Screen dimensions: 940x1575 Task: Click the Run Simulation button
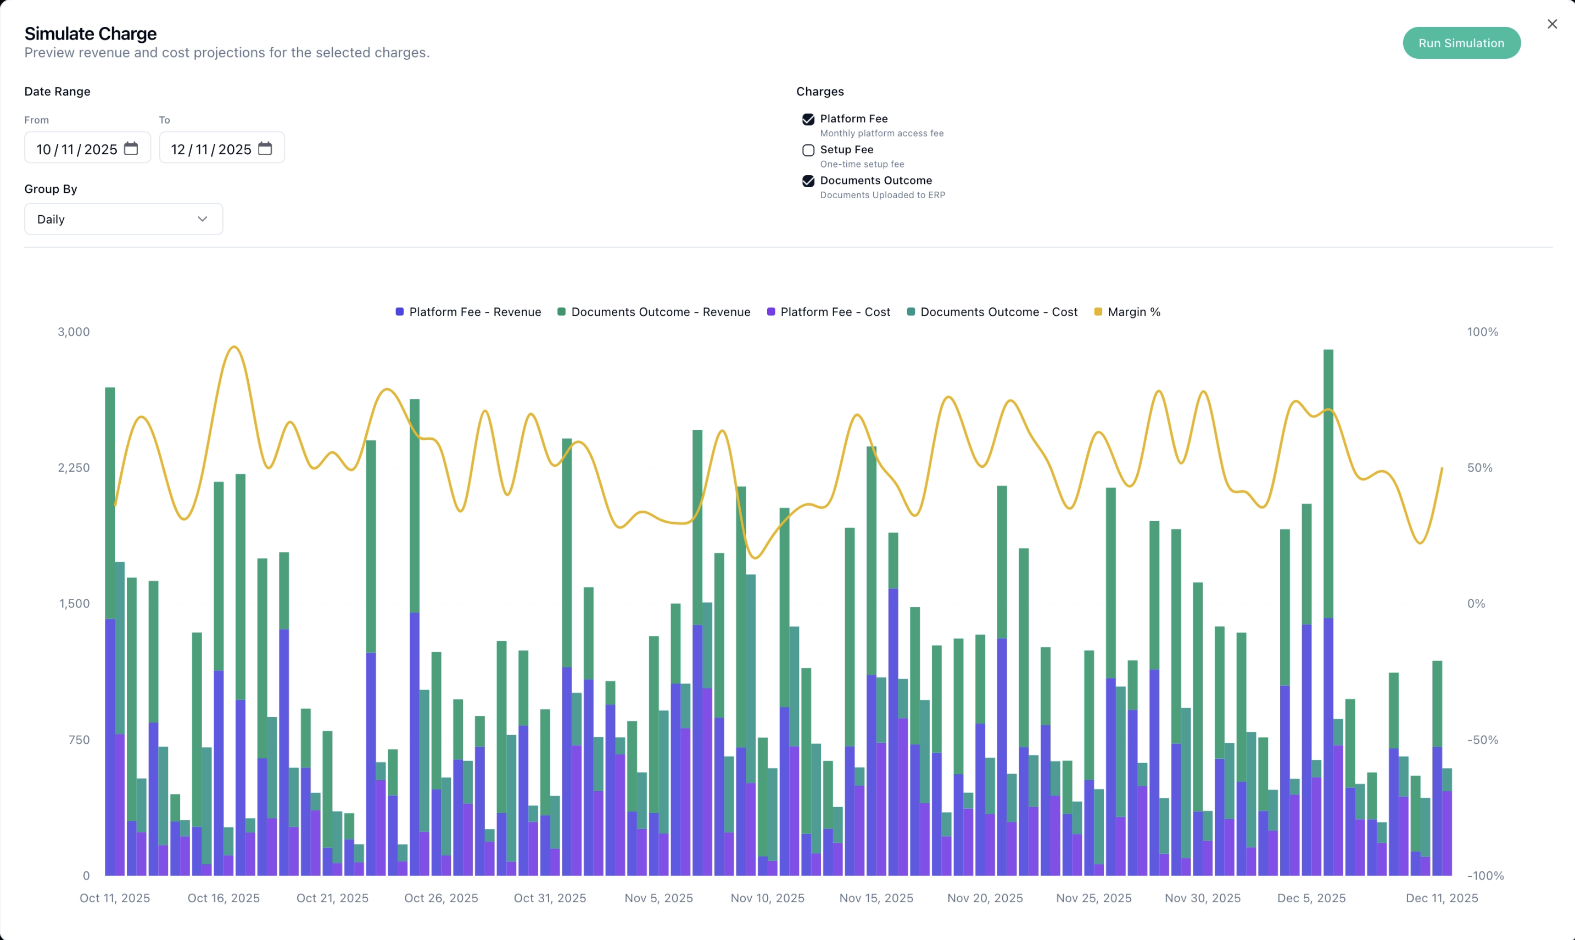[x=1461, y=43]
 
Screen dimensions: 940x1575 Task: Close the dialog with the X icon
[x=1551, y=24]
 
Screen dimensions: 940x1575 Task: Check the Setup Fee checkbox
[x=808, y=150]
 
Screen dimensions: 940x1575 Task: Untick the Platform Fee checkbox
[x=808, y=119]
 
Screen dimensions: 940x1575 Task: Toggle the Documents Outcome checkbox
[x=808, y=181]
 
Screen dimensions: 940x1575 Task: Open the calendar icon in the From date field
[x=131, y=148]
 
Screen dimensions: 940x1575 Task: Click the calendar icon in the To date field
[x=265, y=148]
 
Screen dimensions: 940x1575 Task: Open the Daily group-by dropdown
[x=124, y=219]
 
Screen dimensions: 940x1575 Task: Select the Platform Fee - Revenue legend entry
[x=469, y=312]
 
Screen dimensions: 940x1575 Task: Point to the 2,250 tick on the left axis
[x=74, y=467]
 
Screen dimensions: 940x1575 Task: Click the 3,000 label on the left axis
[x=74, y=332]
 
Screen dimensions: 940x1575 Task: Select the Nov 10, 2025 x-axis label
[x=767, y=898]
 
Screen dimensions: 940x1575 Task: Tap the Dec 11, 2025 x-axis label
[x=1442, y=898]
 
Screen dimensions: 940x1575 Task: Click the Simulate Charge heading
[x=91, y=33]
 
